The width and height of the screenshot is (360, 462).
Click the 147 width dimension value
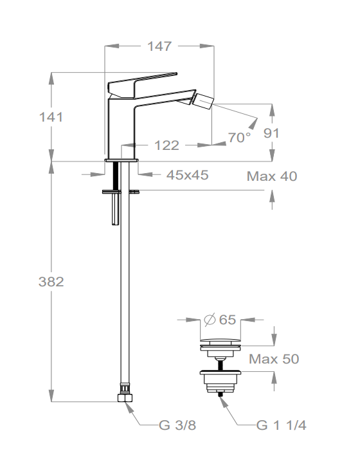159,46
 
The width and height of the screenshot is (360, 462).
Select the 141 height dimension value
51,116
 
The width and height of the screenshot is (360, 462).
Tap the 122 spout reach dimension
167,145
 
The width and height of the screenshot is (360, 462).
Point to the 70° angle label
239,137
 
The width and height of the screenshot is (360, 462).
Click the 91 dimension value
271,133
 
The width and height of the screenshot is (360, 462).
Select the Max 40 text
272,176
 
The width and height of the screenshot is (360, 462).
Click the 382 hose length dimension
51,282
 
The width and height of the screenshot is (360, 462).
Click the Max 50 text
274,358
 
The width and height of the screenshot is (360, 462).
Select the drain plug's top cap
221,341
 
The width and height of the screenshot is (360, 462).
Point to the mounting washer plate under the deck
121,191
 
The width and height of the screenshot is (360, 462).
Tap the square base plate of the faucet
121,158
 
